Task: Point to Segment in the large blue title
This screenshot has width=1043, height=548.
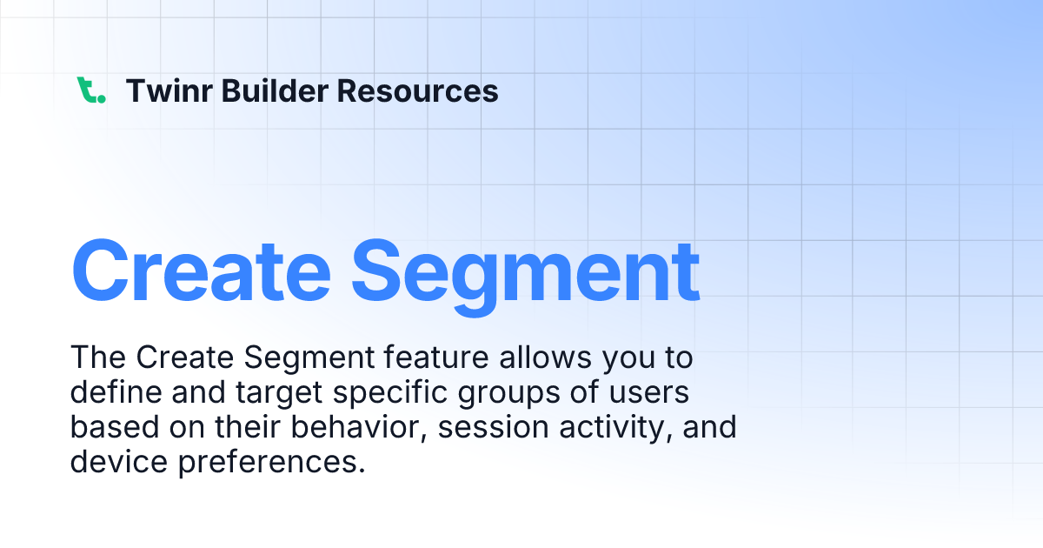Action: (x=526, y=268)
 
